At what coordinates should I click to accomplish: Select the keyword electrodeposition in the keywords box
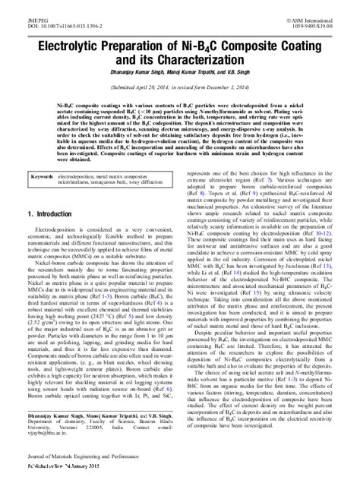pos(83,175)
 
